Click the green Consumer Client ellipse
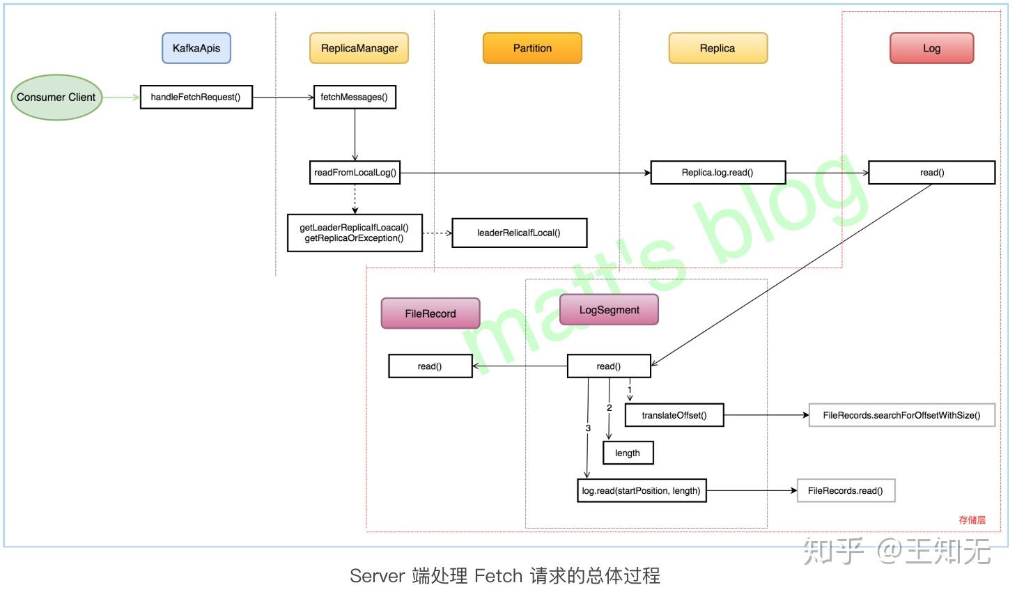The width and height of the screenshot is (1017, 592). click(x=56, y=98)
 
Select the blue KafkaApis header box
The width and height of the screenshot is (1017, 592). click(x=196, y=48)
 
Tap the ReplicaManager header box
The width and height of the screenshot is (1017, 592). click(x=359, y=48)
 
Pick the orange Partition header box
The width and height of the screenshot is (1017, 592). click(x=532, y=48)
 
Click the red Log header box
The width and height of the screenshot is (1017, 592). click(x=931, y=48)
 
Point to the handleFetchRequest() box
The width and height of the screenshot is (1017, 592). click(x=196, y=98)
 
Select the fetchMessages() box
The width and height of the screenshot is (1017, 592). click(x=354, y=98)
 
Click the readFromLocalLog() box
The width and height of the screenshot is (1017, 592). click(x=355, y=173)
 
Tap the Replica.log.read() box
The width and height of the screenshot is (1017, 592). click(x=717, y=173)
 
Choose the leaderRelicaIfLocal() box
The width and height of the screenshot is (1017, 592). click(x=519, y=233)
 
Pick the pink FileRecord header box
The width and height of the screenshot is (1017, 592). click(x=430, y=313)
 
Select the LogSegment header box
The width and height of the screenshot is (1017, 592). click(x=609, y=310)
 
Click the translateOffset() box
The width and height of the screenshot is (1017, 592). click(x=674, y=416)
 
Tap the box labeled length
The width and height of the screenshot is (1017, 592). click(x=628, y=453)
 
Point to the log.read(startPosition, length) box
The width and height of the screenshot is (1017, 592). click(x=642, y=491)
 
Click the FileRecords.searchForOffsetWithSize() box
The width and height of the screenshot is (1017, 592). click(x=901, y=416)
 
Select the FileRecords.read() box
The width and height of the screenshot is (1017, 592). click(x=845, y=491)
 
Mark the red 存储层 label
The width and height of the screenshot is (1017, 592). click(x=972, y=520)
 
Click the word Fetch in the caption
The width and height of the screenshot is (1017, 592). click(x=498, y=576)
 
